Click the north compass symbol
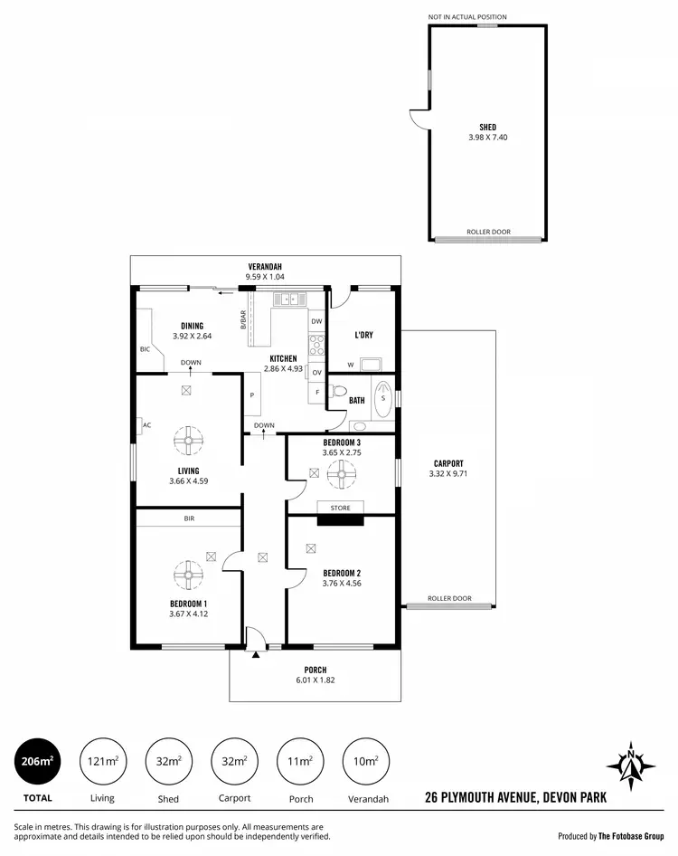coord(630,766)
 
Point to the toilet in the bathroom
coord(339,393)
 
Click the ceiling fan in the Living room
coord(188,442)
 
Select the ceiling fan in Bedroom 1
coord(188,573)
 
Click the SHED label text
coord(487,128)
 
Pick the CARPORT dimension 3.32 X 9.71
coord(448,473)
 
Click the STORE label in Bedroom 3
coord(340,508)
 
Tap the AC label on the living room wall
coord(146,423)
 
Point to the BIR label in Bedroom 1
coord(188,518)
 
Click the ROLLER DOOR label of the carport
coord(450,598)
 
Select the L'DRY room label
coord(363,335)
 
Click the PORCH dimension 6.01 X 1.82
coord(315,680)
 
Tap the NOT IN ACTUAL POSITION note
coord(479,17)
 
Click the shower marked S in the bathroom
coord(383,399)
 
